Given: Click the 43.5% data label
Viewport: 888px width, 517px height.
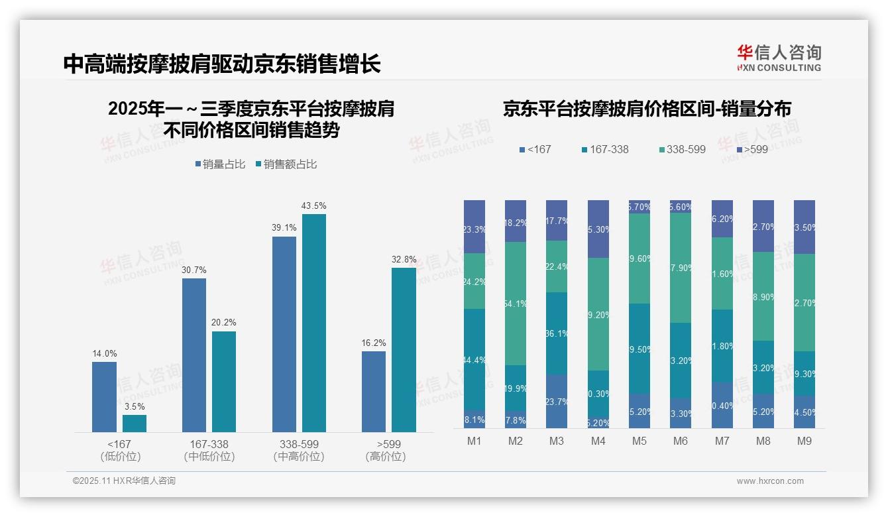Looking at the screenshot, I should [x=313, y=206].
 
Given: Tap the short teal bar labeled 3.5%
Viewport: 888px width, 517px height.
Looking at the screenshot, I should [x=135, y=424].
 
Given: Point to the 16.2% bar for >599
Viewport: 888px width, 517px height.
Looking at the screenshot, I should [x=374, y=391].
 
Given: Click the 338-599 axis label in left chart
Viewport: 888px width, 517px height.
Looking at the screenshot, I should [x=298, y=444].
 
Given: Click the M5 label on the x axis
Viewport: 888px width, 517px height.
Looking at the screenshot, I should [x=639, y=441].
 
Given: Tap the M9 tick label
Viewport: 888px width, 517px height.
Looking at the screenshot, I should [x=804, y=441].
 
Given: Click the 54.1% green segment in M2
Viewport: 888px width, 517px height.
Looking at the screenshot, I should [x=516, y=304].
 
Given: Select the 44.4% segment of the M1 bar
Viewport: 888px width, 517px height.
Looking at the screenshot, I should [x=474, y=359].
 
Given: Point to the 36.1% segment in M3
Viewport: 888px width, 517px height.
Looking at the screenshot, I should [x=557, y=333].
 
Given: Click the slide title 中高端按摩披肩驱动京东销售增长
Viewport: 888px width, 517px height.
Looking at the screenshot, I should [x=222, y=64].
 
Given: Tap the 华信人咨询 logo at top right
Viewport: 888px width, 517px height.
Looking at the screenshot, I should [x=779, y=58].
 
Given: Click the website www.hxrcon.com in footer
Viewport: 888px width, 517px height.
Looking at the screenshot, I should [x=770, y=481].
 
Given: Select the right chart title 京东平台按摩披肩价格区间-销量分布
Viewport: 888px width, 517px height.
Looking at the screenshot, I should [x=647, y=109].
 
